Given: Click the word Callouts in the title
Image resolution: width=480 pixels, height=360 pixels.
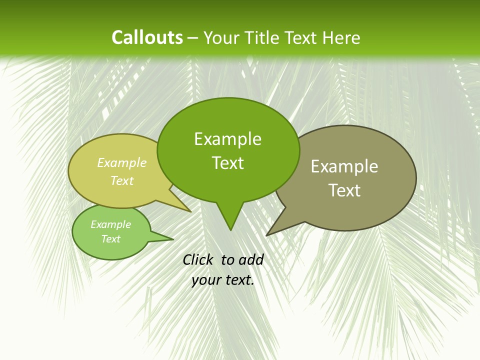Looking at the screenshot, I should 147,37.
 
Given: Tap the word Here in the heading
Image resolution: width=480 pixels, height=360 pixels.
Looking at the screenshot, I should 341,38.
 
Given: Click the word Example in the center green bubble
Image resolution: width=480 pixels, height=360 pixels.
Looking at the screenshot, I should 227,139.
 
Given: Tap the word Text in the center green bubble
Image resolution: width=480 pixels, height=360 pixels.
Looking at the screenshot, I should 227,163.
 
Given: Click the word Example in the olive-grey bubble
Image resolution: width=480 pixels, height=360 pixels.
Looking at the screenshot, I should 344,166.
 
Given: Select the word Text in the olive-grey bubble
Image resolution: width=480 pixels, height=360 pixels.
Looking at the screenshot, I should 344,190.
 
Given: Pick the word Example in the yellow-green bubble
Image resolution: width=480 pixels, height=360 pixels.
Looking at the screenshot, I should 122,162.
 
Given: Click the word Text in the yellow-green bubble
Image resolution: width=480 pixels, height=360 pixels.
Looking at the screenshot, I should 122,180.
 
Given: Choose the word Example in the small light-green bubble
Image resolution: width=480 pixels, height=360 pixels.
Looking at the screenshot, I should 110,224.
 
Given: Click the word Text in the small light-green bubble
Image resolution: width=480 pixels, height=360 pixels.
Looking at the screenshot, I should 110,239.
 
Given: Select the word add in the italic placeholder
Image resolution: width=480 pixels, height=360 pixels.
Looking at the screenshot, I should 251,259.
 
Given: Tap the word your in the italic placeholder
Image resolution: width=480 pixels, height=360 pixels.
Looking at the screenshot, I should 206,280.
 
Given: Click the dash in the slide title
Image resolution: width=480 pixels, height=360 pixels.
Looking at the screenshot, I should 193,38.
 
